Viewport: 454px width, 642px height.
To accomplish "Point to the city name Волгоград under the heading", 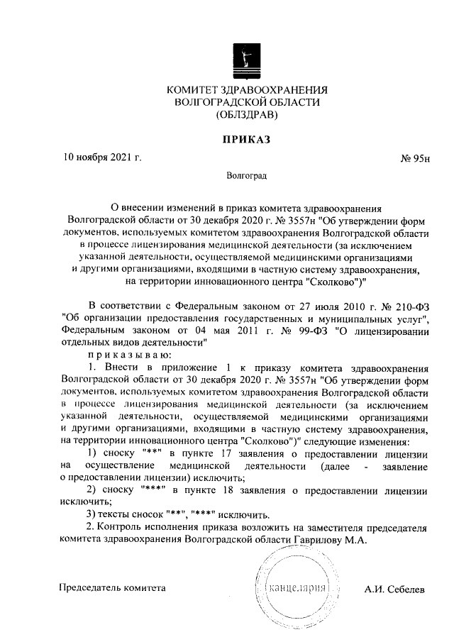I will pos(247,175).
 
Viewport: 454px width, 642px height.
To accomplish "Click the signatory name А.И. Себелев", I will pos(394,590).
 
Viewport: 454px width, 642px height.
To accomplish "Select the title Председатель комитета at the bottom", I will pos(113,588).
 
